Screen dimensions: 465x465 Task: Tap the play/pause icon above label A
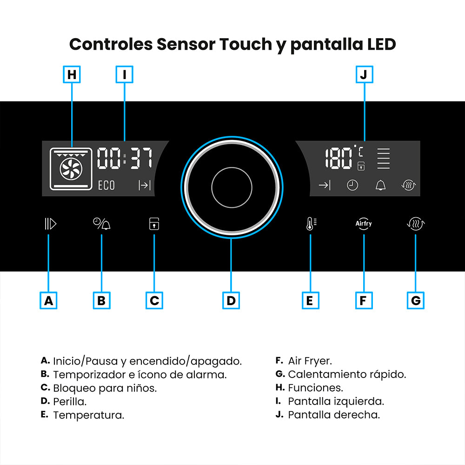(50, 224)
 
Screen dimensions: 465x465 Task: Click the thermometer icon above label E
(311, 224)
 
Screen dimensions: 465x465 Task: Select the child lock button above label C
(154, 224)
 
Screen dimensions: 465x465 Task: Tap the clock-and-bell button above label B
(102, 224)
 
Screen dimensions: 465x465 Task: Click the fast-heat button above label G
(416, 224)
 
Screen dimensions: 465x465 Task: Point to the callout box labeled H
(72, 74)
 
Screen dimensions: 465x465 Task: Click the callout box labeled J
(365, 74)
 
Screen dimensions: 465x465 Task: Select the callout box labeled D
(231, 300)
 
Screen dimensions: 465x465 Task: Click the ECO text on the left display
(106, 186)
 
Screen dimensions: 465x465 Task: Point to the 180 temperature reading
(339, 159)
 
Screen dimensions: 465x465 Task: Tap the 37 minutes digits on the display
(141, 159)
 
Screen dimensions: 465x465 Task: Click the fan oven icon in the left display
(71, 169)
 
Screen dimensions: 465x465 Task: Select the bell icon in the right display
(380, 186)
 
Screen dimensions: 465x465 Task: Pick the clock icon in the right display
(352, 186)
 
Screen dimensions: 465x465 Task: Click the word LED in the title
(381, 44)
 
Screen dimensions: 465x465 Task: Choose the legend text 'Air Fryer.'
(310, 361)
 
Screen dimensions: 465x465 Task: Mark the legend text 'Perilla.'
(70, 402)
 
